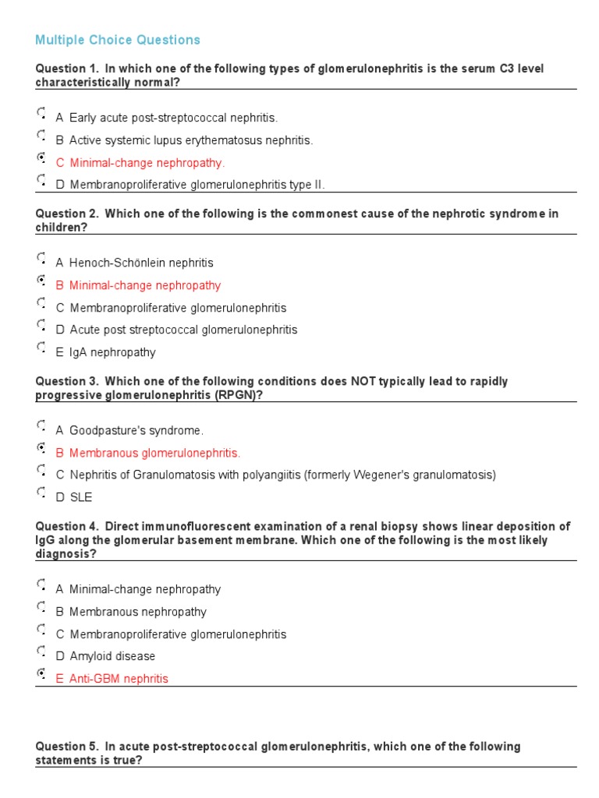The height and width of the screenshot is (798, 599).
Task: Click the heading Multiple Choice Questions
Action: click(x=118, y=40)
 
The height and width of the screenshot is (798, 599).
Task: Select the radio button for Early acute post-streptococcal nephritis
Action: click(x=41, y=114)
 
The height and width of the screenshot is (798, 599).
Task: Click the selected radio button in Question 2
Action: click(x=41, y=281)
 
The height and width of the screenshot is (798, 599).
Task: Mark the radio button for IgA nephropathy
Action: click(x=41, y=348)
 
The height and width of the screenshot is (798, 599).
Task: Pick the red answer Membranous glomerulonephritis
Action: click(x=154, y=453)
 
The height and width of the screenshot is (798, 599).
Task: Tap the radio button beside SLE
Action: click(x=41, y=493)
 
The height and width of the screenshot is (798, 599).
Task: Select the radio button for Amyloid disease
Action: click(x=41, y=652)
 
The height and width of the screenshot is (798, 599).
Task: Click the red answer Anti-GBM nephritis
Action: click(x=119, y=679)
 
